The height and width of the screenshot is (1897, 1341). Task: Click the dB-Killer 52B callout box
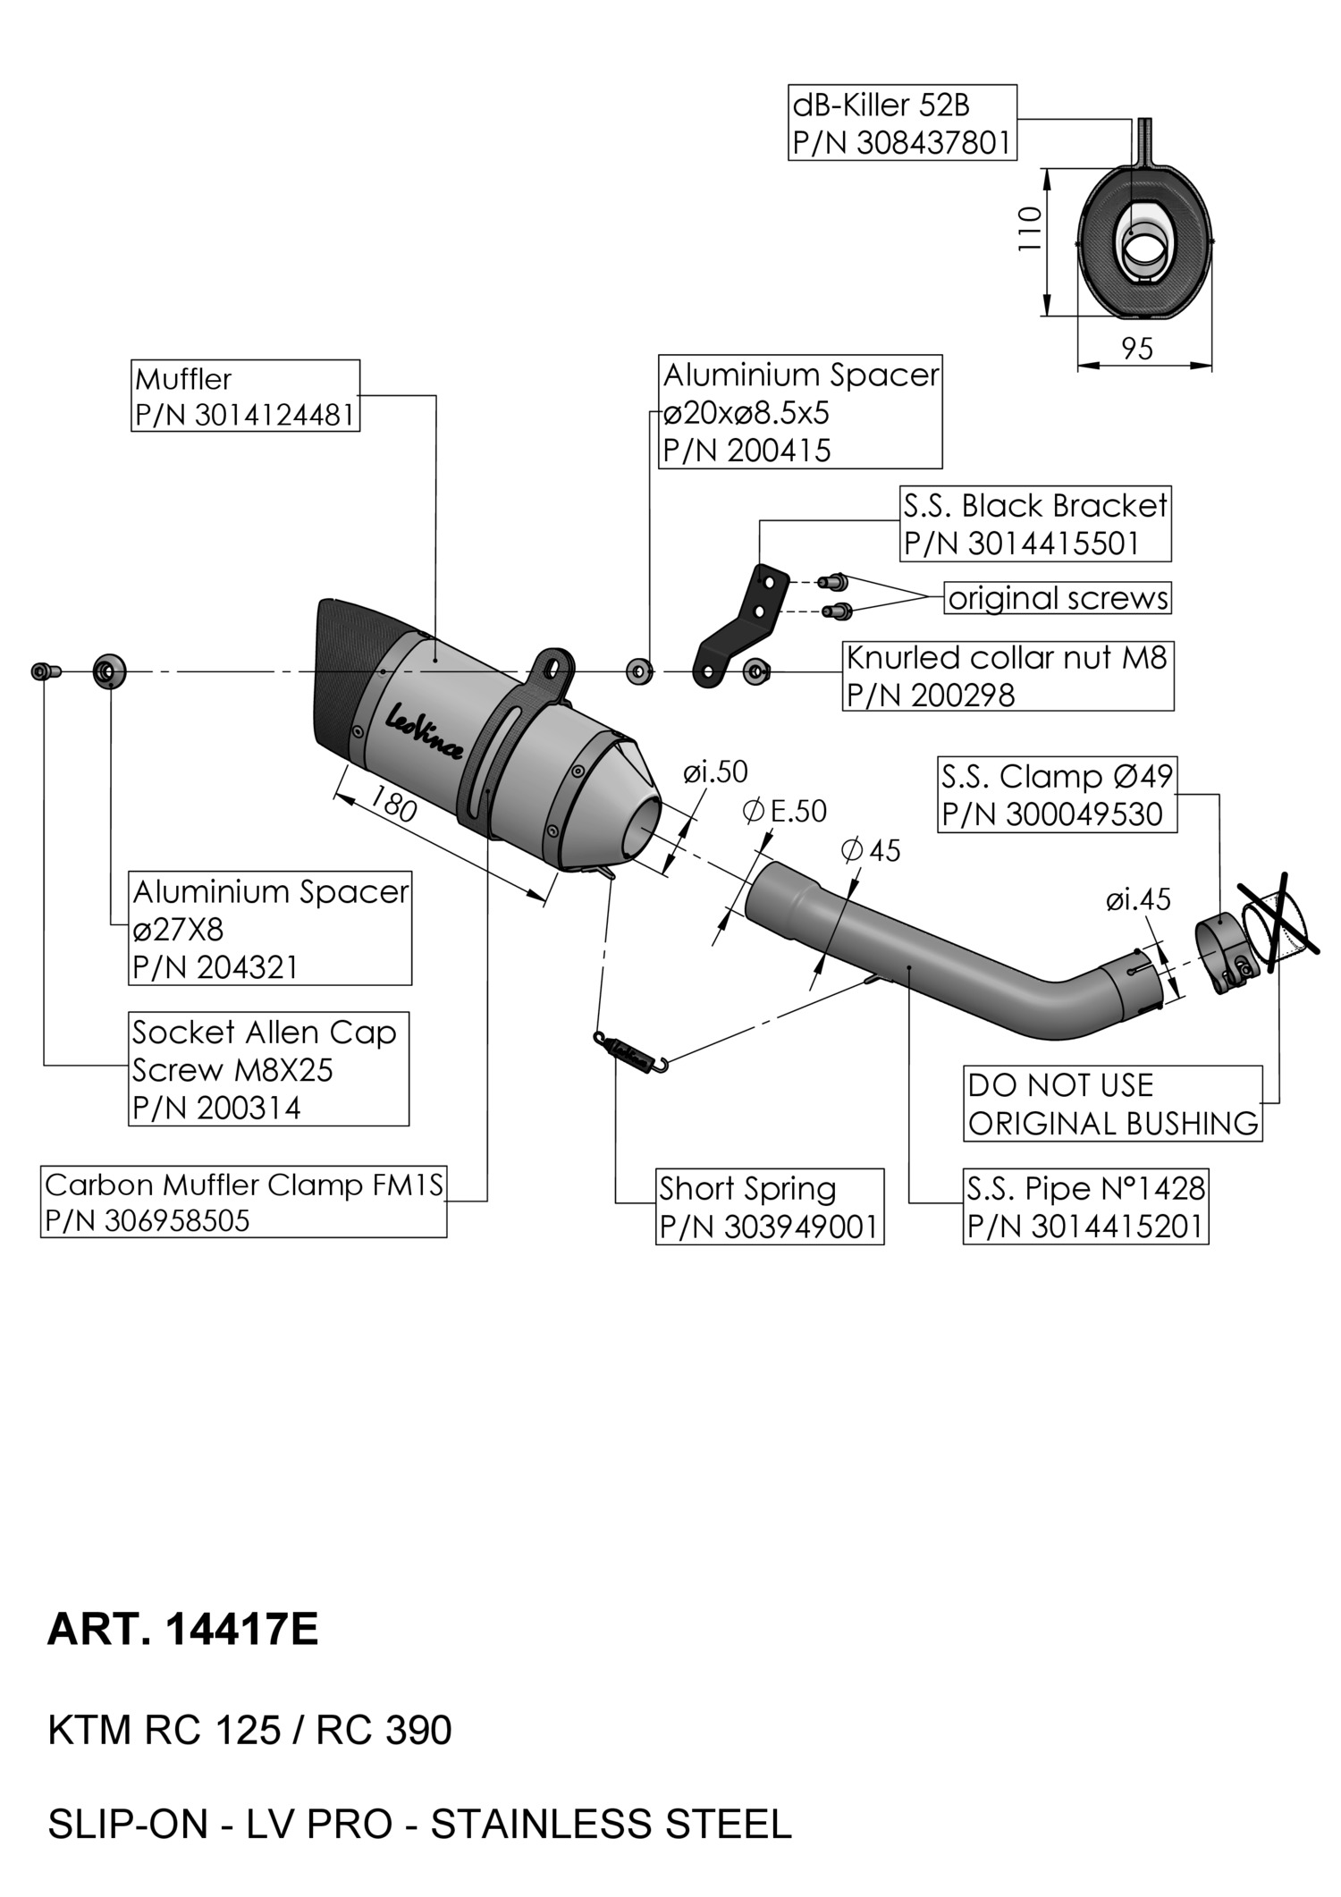click(x=902, y=122)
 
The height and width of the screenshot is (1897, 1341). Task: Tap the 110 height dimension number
click(x=1031, y=229)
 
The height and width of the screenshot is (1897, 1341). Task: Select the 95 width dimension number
click(x=1137, y=349)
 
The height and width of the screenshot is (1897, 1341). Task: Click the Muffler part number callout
click(x=245, y=396)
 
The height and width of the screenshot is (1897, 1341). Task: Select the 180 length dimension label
click(x=393, y=804)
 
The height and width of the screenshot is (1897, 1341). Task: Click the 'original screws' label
click(x=1058, y=598)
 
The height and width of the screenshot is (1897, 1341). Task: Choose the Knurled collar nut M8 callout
click(x=1008, y=676)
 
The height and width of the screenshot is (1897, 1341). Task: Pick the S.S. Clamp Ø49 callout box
click(x=1057, y=795)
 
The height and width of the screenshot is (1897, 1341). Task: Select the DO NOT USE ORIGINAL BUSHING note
click(x=1113, y=1104)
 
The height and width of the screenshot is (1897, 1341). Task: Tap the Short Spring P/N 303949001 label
click(x=769, y=1207)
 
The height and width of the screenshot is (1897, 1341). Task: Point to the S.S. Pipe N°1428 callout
click(x=1085, y=1207)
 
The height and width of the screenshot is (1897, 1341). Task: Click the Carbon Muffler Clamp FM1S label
click(x=243, y=1201)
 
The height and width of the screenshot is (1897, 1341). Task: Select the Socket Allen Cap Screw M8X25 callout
click(x=268, y=1069)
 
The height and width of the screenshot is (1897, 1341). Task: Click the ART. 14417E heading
click(x=182, y=1629)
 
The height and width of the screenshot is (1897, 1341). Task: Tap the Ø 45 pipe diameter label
click(x=872, y=849)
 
